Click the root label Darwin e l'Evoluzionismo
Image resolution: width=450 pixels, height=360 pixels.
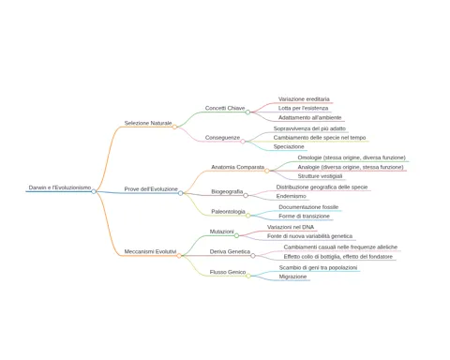[x=60, y=187]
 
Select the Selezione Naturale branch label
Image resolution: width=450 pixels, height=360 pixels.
[x=148, y=123]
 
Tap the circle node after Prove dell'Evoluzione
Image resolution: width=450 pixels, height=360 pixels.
[x=180, y=193]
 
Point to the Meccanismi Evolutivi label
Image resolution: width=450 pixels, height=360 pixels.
[x=150, y=251]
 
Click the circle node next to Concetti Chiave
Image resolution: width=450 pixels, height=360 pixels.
[x=247, y=112]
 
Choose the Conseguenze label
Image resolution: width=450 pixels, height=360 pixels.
[x=222, y=138]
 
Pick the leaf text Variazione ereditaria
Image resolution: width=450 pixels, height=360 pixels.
[x=304, y=99]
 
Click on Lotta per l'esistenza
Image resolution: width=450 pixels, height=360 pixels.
[x=303, y=108]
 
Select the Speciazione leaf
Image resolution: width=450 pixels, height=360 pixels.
[x=289, y=146]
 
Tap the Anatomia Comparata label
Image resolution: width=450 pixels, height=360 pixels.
[x=238, y=167]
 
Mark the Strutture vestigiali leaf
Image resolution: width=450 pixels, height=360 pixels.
[x=320, y=176]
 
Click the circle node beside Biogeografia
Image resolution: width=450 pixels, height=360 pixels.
[x=246, y=195]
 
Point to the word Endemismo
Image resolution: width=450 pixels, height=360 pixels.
[x=292, y=196]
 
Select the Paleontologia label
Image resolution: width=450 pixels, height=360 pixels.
[x=228, y=212]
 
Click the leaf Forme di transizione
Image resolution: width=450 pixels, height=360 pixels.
[x=304, y=216]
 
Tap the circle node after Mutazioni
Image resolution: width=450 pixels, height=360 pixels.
[x=236, y=235]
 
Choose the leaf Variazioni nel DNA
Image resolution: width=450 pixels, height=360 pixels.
[x=291, y=227]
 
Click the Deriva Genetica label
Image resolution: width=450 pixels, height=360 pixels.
[x=230, y=251]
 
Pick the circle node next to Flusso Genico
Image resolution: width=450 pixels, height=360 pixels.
[x=248, y=276]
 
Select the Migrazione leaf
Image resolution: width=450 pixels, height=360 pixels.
[x=292, y=277]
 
